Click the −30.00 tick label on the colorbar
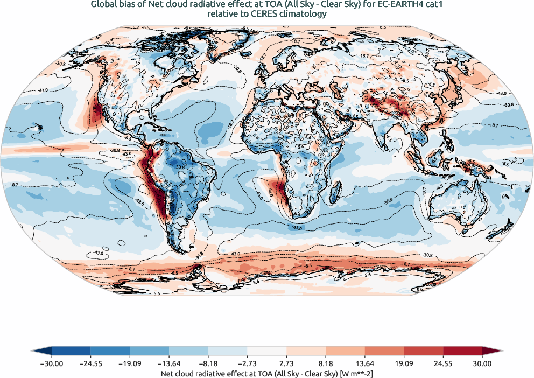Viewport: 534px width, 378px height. tap(52, 364)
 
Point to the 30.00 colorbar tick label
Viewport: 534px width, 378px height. tap(482, 364)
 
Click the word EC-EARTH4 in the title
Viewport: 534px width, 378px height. tap(391, 5)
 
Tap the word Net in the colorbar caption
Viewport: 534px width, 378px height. tap(168, 373)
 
